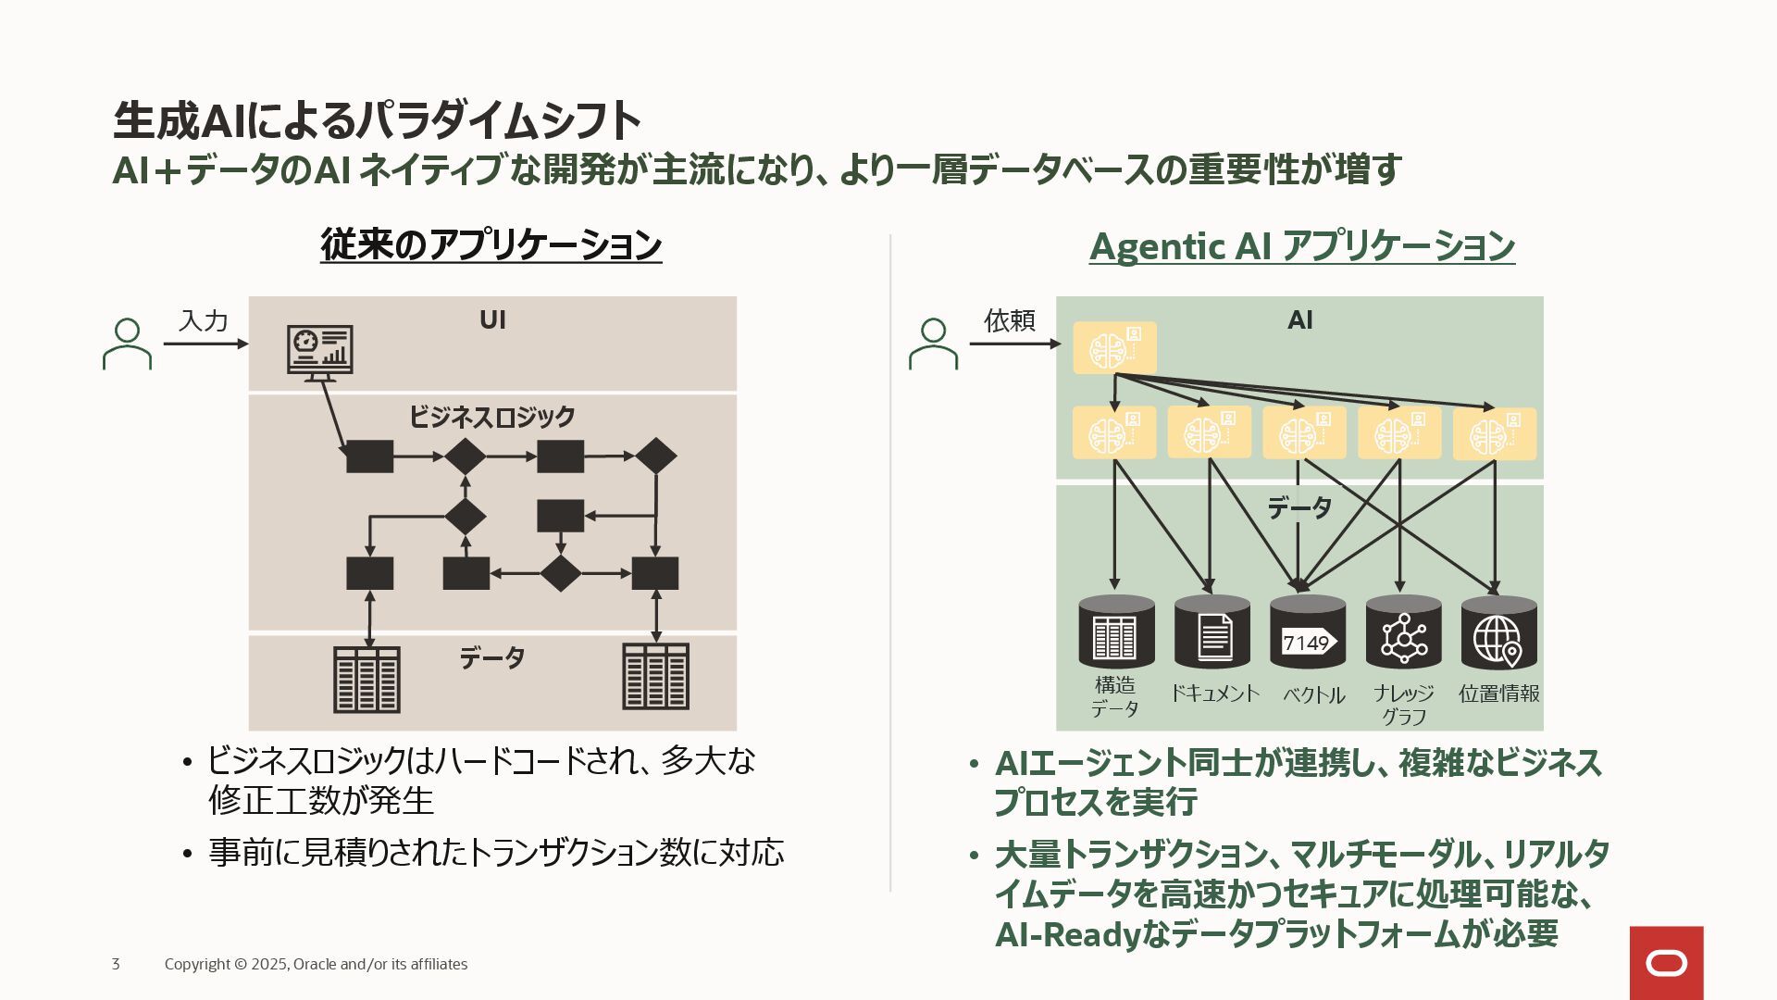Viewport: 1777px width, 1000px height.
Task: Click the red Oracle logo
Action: (x=1666, y=963)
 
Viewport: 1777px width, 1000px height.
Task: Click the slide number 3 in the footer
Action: (x=116, y=964)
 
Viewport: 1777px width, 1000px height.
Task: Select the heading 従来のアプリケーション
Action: (x=491, y=245)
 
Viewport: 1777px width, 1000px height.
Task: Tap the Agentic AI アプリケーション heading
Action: (x=1301, y=246)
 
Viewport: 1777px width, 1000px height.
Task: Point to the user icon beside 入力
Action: (x=127, y=344)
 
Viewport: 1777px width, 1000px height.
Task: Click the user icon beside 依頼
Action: (x=933, y=344)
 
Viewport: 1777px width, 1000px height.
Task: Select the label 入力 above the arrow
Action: (x=204, y=321)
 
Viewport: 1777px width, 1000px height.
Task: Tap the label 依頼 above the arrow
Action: (x=1009, y=321)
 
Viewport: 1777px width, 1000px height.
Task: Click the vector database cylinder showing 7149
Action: (x=1307, y=633)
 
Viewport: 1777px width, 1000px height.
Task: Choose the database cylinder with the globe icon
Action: (x=1498, y=633)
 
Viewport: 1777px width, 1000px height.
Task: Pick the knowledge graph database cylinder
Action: (x=1403, y=633)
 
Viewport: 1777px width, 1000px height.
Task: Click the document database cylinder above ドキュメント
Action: (x=1212, y=633)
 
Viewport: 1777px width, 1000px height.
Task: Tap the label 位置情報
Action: (x=1498, y=694)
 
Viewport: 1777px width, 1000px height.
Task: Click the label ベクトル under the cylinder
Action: (x=1313, y=694)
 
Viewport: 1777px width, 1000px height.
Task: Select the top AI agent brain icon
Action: (x=1114, y=348)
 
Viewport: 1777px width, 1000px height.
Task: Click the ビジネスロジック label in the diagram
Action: (x=492, y=417)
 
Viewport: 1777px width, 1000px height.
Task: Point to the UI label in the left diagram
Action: (x=492, y=320)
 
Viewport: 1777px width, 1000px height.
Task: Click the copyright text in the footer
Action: (x=316, y=964)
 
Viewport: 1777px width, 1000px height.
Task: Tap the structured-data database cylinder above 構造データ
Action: (x=1116, y=633)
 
